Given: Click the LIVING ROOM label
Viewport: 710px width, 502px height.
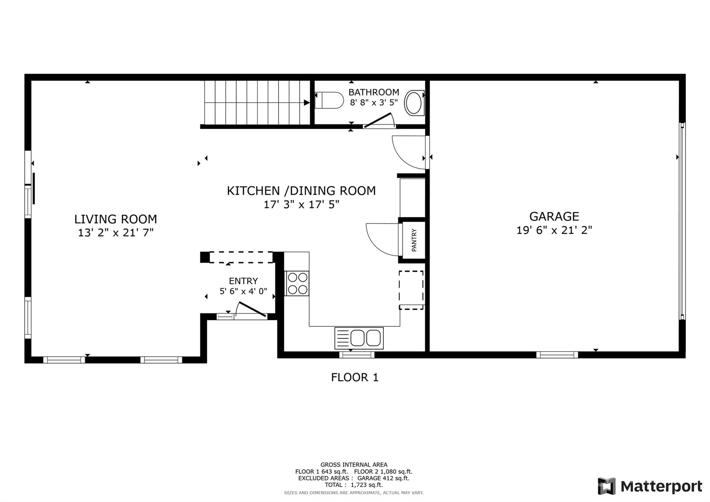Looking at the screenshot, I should [x=115, y=219].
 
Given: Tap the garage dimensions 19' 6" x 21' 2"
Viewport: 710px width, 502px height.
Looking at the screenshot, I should [x=554, y=230].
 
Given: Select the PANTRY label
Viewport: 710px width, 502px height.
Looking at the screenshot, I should [x=414, y=240].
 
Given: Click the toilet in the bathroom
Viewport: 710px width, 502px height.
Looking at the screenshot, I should [x=329, y=100].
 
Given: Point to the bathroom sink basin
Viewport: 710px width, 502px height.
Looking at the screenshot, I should [x=414, y=103].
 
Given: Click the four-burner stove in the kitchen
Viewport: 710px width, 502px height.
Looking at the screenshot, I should [x=297, y=283].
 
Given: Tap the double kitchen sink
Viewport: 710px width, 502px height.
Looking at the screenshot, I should [x=359, y=338].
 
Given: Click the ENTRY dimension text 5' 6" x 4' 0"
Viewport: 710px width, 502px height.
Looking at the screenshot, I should [x=243, y=291].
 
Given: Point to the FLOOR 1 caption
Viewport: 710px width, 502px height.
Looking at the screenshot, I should [x=354, y=377].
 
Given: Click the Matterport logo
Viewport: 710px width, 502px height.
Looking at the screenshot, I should [x=650, y=486].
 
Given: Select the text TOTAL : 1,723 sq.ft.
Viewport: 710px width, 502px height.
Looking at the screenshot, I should [x=354, y=485].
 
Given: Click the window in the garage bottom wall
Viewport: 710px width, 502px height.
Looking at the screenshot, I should [x=557, y=355].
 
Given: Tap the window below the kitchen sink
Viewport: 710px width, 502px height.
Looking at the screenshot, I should [x=357, y=355].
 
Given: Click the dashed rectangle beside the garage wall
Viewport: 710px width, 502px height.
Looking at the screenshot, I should [x=411, y=290].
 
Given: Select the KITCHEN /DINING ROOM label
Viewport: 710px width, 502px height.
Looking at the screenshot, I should [x=301, y=191].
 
